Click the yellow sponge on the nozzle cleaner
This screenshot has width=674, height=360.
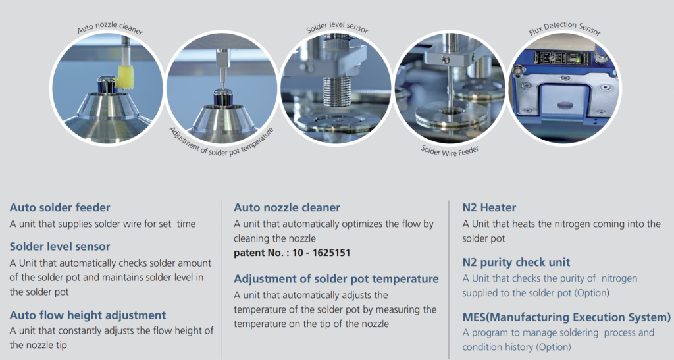(126, 78)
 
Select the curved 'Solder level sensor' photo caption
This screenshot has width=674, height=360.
(337, 26)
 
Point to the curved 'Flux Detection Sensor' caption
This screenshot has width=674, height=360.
(564, 27)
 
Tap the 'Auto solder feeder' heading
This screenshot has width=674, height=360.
(60, 207)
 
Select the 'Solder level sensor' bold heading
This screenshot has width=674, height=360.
(60, 247)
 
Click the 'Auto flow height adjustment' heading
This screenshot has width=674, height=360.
(88, 315)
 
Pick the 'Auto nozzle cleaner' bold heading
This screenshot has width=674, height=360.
(287, 207)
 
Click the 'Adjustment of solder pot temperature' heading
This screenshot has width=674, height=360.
(336, 279)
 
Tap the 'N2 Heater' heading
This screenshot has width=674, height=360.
(489, 207)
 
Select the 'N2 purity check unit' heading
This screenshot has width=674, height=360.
(516, 262)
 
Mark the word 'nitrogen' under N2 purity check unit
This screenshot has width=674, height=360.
(619, 279)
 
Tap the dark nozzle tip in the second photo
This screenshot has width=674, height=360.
(223, 97)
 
